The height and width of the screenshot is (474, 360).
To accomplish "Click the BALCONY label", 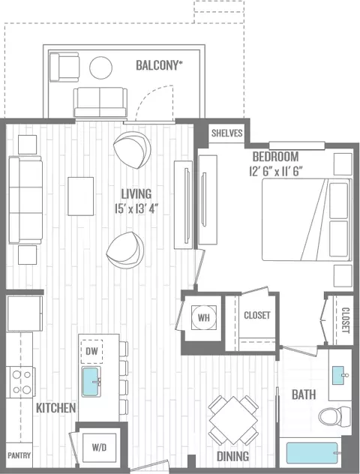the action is point(159,65).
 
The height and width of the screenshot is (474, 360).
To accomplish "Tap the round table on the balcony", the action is point(101,67).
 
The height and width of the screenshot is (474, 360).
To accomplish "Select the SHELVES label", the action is point(227,133).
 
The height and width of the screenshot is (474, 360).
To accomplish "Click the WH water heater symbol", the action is point(204,317).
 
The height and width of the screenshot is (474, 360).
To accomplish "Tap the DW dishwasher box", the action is point(92,351).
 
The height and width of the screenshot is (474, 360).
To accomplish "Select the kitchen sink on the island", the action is point(91,382).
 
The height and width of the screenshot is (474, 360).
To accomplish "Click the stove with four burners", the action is point(21,382).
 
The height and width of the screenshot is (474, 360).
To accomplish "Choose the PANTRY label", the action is point(19,455).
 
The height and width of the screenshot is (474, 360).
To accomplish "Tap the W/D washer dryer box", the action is point(100,448).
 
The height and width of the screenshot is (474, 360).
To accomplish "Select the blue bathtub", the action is point(312,453).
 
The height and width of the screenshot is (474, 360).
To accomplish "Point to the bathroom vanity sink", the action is point(338,375).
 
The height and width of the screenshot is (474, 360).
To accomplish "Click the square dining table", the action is point(233,420).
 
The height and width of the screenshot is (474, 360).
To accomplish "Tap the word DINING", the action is point(233,456).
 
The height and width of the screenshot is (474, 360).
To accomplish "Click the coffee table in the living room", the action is point(81,196).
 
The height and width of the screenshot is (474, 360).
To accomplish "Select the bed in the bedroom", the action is point(307,220).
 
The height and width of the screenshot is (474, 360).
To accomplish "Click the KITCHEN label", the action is point(56,408).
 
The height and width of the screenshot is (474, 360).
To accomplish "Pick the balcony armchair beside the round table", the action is point(64,67).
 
